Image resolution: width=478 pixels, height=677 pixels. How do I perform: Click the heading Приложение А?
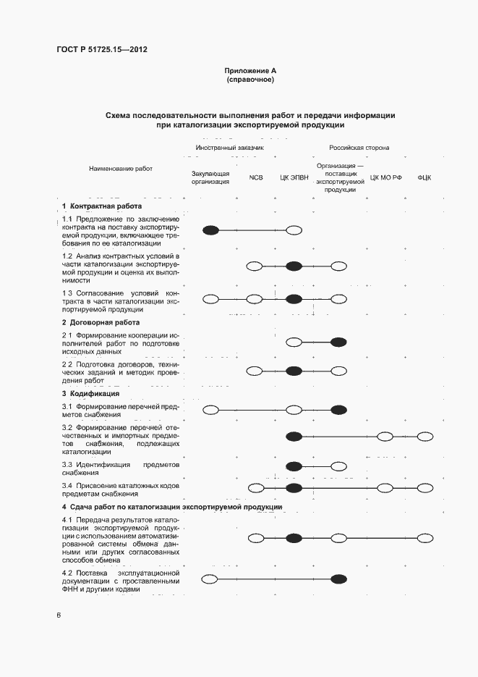pos(250,71)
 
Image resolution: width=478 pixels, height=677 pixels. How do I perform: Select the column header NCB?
pos(256,177)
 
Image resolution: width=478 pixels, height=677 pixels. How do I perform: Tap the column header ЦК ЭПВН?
pos(294,177)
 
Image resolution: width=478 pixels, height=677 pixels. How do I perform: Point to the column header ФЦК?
pos(424,177)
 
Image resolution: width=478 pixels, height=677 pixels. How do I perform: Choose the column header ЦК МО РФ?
pos(385,177)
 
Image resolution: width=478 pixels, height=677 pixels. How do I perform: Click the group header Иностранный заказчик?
pos(229,148)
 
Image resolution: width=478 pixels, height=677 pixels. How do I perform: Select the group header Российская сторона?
pos(359,148)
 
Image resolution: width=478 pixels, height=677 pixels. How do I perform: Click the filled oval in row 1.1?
pos(211,230)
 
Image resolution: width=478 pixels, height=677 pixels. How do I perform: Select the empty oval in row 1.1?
pos(294,230)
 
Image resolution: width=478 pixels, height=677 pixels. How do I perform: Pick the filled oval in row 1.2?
pos(294,266)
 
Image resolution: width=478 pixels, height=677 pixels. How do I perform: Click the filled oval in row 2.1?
pos(338,342)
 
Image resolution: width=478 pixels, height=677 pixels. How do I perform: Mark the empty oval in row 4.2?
pos(210,578)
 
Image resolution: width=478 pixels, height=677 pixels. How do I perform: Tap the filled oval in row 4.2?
pos(338,578)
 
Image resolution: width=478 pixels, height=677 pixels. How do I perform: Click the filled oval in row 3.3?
pos(294,466)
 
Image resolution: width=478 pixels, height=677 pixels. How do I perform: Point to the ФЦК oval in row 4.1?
pos(424,538)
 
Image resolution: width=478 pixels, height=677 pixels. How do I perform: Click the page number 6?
pos(59,615)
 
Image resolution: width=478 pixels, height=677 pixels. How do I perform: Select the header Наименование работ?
pos(121,168)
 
